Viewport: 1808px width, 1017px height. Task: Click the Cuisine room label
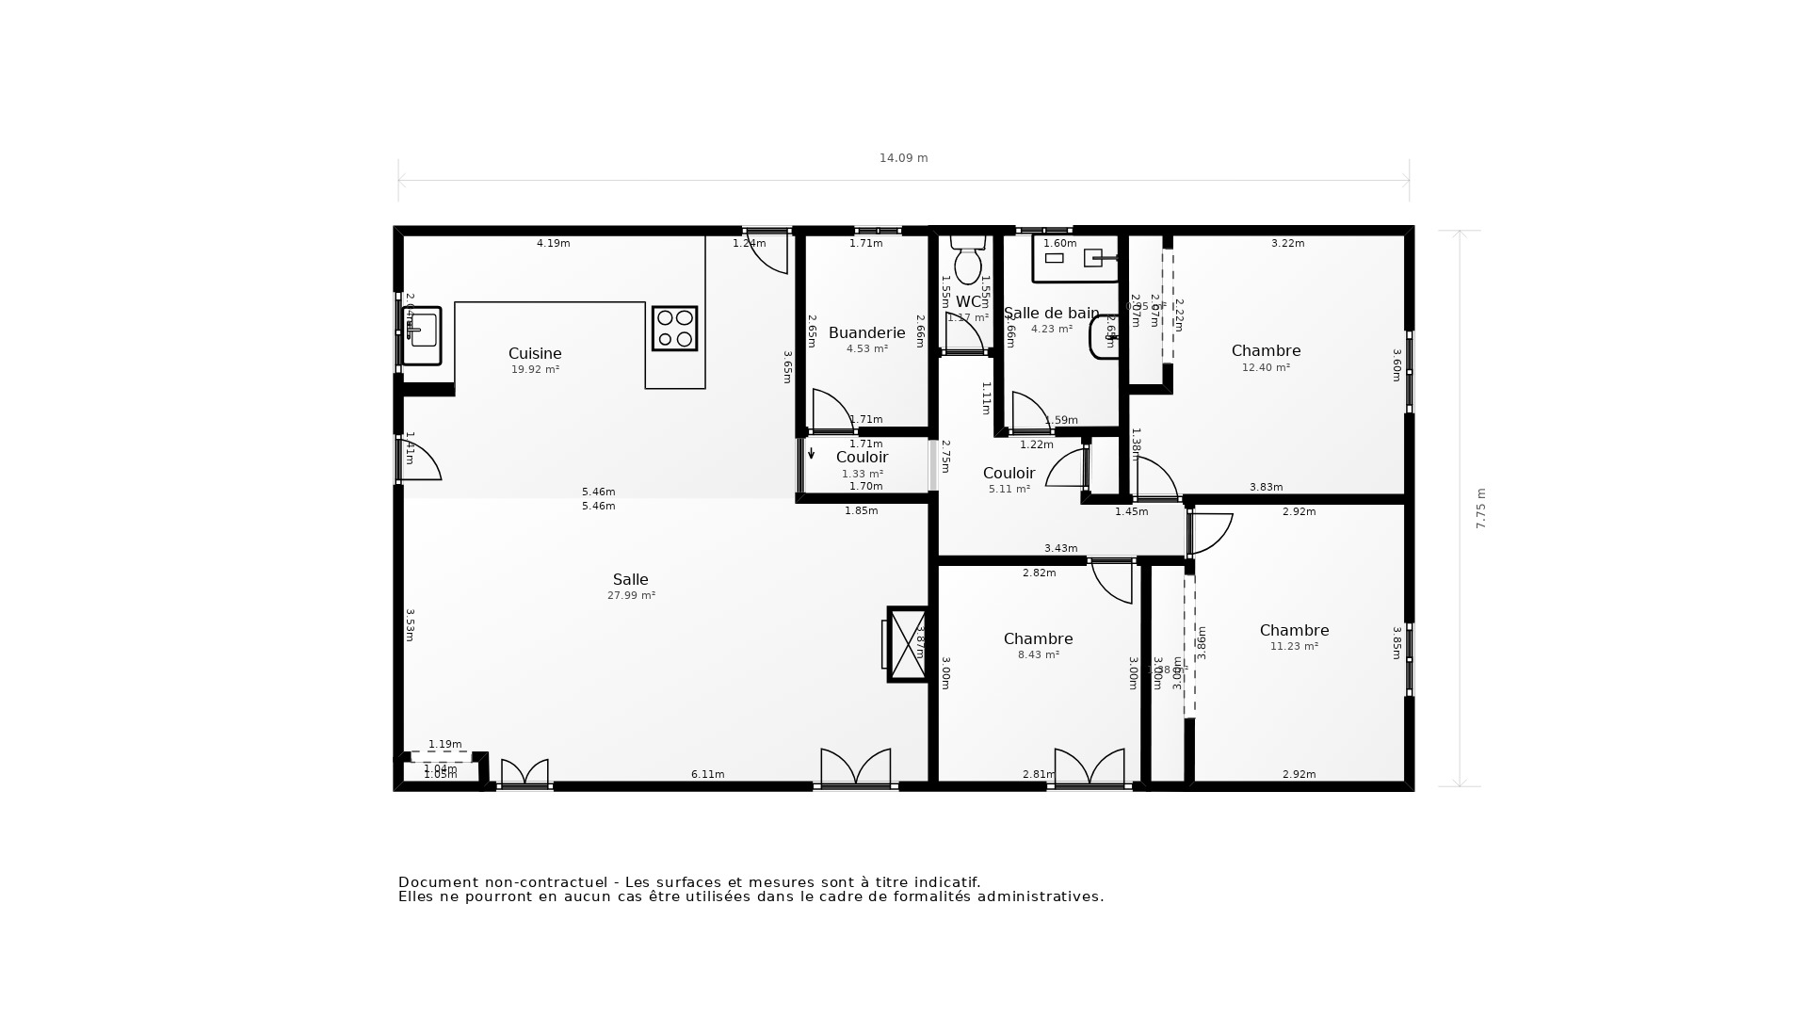535,353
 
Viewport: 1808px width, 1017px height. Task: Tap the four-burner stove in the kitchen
674,329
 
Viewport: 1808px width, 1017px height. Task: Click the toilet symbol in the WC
968,260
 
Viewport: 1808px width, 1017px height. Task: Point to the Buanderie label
866,332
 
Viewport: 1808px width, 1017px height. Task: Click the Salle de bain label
1051,313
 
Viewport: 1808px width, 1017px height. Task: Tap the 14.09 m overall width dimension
903,158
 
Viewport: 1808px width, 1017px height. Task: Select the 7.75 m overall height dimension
1480,508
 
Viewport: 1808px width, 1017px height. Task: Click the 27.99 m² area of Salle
631,595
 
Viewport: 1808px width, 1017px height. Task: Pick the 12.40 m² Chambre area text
1266,367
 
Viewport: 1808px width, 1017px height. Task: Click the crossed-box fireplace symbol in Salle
908,644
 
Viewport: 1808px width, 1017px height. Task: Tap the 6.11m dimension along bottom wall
707,774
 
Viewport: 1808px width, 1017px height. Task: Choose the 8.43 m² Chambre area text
1038,654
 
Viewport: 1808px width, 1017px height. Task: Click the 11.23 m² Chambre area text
1294,646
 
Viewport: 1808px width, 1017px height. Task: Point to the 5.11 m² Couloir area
1009,490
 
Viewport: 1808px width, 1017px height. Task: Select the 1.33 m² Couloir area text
862,474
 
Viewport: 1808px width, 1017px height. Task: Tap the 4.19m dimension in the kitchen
553,243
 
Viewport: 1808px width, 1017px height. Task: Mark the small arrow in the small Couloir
812,454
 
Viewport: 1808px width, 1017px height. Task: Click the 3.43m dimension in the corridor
1060,548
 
